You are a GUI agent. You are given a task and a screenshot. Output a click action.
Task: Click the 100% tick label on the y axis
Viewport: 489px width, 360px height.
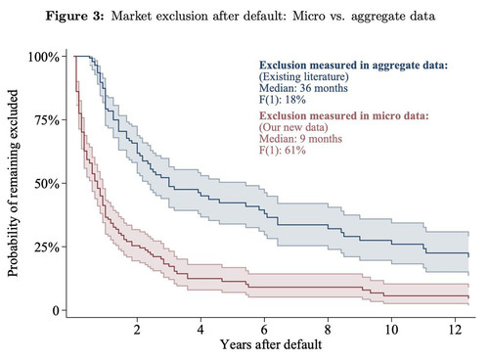(44, 57)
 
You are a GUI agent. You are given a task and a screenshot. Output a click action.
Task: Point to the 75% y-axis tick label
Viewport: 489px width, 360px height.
(47, 120)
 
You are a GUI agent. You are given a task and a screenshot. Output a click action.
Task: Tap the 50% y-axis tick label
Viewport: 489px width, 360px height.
(47, 184)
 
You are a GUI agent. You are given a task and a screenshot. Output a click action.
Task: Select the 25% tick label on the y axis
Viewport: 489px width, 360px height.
(47, 247)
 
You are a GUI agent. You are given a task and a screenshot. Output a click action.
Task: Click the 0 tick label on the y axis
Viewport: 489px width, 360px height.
(56, 310)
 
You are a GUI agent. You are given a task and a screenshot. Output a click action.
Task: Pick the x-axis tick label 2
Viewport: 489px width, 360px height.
(137, 330)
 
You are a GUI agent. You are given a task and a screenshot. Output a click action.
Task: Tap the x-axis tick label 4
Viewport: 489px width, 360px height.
(200, 330)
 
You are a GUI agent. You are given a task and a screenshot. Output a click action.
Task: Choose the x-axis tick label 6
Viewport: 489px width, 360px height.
(264, 330)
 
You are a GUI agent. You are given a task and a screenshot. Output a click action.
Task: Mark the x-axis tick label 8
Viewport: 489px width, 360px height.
(328, 330)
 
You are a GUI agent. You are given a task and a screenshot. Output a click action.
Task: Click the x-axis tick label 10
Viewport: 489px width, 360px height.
(391, 330)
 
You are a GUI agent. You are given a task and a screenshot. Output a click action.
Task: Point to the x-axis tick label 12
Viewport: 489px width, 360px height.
(455, 330)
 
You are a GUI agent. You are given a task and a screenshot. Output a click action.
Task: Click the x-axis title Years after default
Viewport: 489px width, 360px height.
(271, 344)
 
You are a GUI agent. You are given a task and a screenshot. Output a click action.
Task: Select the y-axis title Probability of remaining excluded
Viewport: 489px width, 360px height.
(13, 183)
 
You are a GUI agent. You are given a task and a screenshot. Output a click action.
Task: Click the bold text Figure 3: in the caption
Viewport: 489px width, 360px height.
(74, 16)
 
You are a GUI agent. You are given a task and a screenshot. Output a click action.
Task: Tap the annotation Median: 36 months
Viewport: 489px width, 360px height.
(303, 88)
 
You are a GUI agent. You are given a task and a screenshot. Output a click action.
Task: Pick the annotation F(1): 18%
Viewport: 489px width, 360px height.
(283, 100)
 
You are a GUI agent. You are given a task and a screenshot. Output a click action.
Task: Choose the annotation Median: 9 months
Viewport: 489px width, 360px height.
(300, 139)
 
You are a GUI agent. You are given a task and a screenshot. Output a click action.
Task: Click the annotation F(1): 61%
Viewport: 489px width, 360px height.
(283, 151)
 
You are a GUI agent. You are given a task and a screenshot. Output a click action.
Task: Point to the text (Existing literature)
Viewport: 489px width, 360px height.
(304, 77)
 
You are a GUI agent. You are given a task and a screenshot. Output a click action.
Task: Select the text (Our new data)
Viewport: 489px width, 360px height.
(293, 127)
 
